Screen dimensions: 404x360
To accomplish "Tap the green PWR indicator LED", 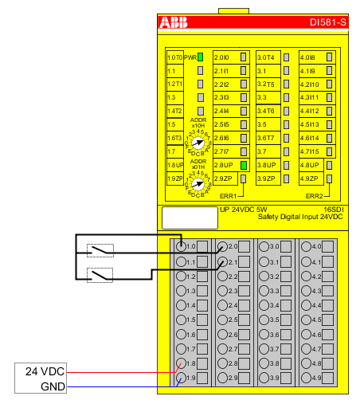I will [200, 57].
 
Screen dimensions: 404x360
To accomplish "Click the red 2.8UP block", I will [222, 165].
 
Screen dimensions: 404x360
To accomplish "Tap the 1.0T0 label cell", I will [174, 57].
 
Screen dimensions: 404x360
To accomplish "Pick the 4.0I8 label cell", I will [308, 57].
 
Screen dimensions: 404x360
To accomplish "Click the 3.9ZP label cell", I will [266, 178].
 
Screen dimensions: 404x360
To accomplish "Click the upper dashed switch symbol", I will [100, 250].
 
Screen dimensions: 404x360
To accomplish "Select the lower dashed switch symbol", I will [100, 275].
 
